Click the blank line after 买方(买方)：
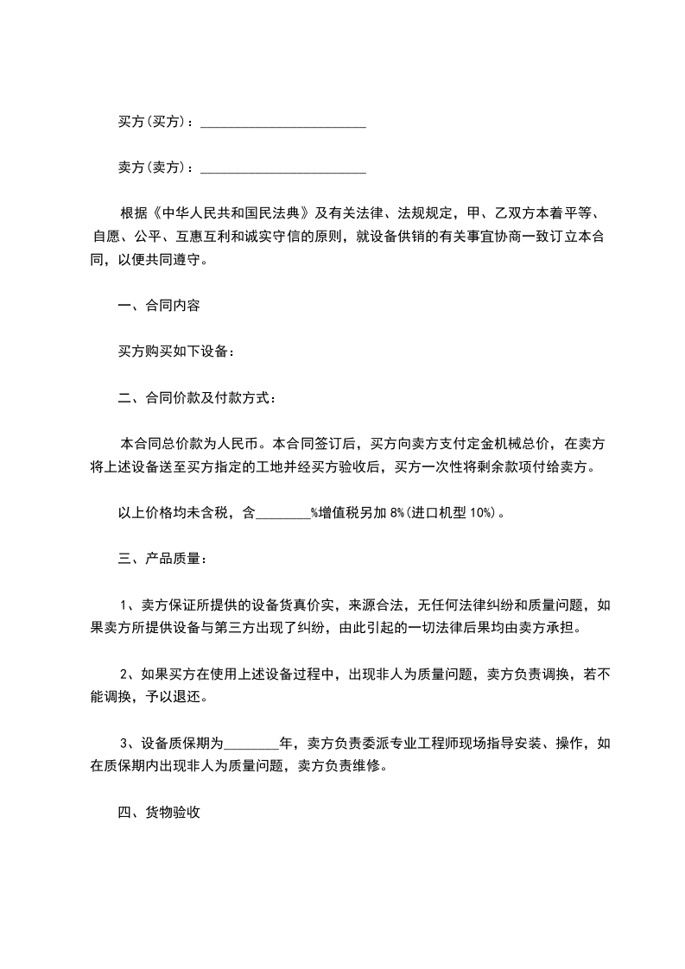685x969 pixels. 283,123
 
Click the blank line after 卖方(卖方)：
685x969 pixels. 283,168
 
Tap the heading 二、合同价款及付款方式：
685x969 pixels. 197,398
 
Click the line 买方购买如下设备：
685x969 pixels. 176,351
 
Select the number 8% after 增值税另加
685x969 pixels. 396,512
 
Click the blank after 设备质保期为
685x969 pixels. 251,743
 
